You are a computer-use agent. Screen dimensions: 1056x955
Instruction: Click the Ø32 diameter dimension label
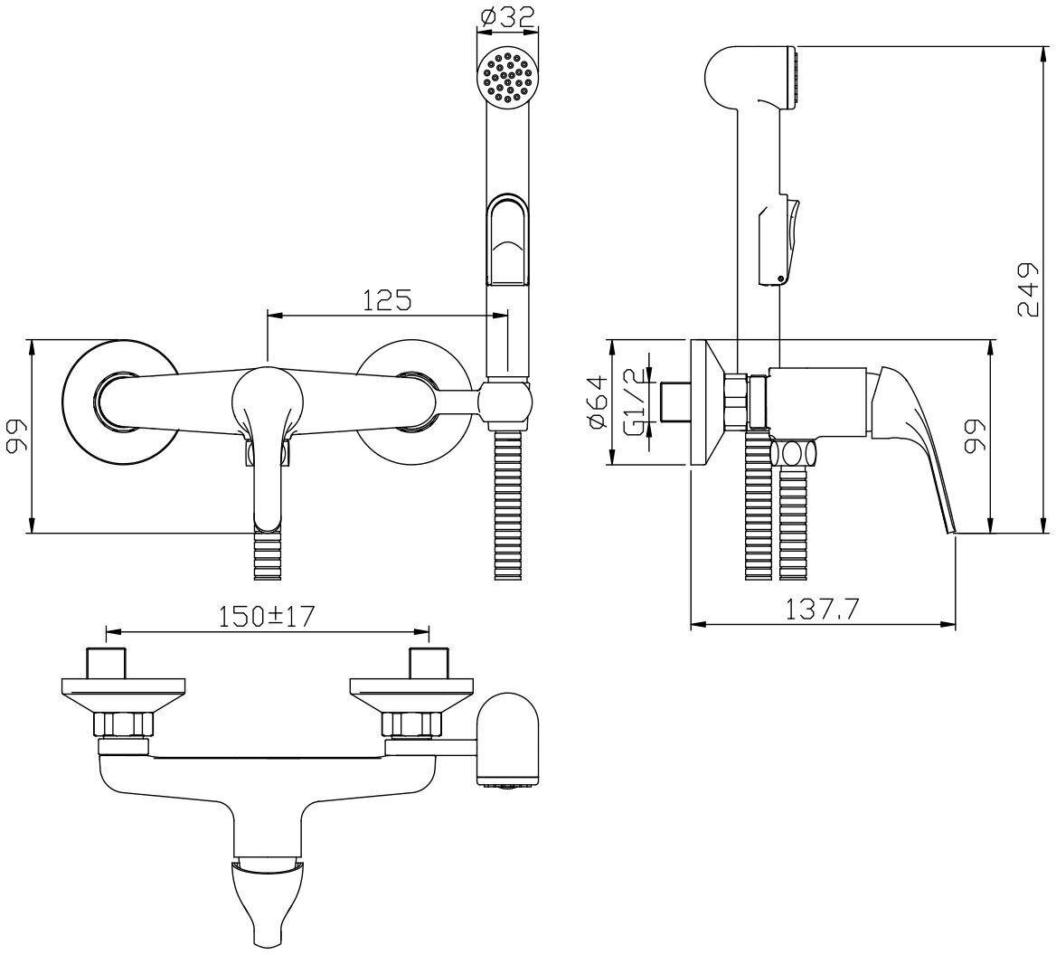click(x=507, y=17)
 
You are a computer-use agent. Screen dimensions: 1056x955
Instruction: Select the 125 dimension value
click(x=387, y=299)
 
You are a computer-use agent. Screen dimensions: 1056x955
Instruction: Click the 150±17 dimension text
click(x=268, y=617)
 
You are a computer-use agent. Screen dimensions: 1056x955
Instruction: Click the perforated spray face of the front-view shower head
click(x=507, y=78)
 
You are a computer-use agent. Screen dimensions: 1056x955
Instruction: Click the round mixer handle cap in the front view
click(x=268, y=399)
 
